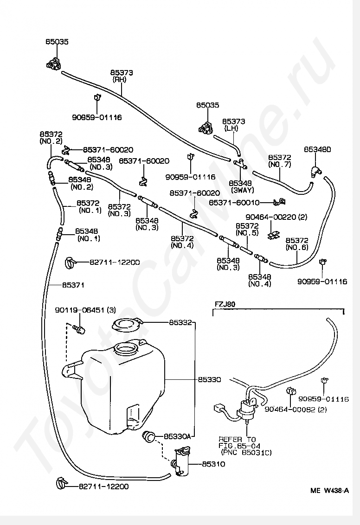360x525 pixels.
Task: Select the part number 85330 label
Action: click(x=209, y=380)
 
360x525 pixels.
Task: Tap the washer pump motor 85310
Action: click(x=182, y=461)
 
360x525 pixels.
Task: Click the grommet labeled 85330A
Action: click(x=149, y=436)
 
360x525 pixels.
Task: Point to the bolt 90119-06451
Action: click(x=79, y=329)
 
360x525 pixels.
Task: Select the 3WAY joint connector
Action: click(x=240, y=164)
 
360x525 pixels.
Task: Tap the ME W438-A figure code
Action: click(x=329, y=491)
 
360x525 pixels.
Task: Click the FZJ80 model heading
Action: click(x=225, y=304)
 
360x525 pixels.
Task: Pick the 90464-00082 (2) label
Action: click(x=296, y=409)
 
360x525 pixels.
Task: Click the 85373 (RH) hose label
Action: click(x=122, y=76)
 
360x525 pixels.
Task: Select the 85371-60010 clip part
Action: click(x=279, y=202)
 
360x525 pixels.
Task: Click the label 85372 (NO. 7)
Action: click(x=280, y=161)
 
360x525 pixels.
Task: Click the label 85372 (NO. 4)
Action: click(x=182, y=242)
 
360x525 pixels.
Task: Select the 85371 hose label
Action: click(x=73, y=285)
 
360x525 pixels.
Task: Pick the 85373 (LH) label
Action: click(x=234, y=125)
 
